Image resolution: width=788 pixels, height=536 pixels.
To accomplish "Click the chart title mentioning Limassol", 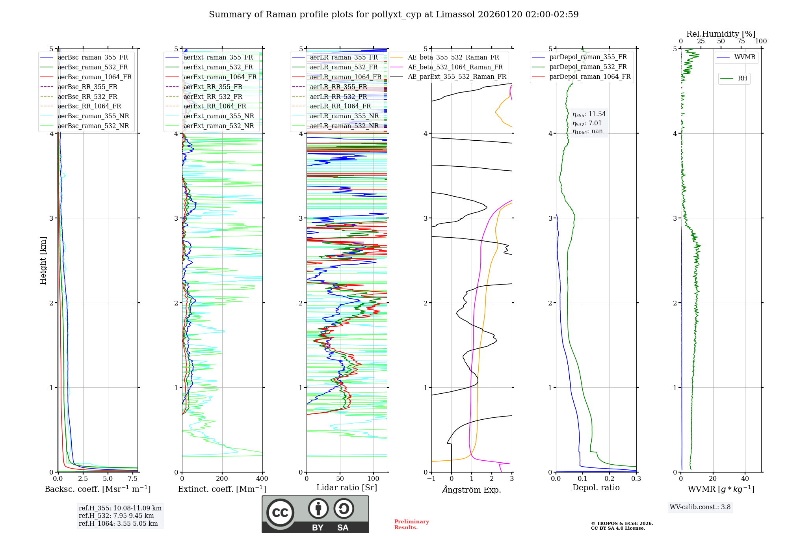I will pyautogui.click(x=394, y=15).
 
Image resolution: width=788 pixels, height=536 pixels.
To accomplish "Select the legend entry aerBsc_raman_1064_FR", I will pyautogui.click(x=95, y=77).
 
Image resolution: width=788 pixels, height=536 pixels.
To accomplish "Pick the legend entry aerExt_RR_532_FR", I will pyautogui.click(x=213, y=97).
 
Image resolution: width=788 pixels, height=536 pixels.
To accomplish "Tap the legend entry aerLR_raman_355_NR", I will pyautogui.click(x=344, y=116).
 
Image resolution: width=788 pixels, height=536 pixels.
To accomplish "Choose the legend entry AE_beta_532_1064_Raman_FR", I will pyautogui.click(x=455, y=67).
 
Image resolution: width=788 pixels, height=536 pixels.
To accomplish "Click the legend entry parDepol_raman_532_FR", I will pyautogui.click(x=588, y=67).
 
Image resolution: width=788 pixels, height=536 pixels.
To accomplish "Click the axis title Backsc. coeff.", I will pyautogui.click(x=97, y=489).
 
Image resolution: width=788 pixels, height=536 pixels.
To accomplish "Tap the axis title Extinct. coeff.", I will pyautogui.click(x=222, y=489).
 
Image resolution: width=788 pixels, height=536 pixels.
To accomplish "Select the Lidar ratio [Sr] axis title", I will pyautogui.click(x=346, y=488).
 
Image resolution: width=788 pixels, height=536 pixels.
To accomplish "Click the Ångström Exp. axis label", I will pyautogui.click(x=471, y=489).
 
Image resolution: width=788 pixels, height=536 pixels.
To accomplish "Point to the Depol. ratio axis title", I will pyautogui.click(x=596, y=488).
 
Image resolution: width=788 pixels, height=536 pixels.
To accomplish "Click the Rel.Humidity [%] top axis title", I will pyautogui.click(x=721, y=34).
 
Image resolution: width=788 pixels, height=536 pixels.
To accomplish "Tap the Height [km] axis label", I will pyautogui.click(x=43, y=261).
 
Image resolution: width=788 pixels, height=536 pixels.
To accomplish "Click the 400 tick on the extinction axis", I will pyautogui.click(x=262, y=478).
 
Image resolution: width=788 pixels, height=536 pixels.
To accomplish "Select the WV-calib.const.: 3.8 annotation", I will pyautogui.click(x=700, y=507).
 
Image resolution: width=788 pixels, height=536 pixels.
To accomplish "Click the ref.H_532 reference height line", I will pyautogui.click(x=116, y=516).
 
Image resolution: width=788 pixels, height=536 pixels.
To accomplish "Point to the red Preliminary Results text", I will pyautogui.click(x=411, y=524).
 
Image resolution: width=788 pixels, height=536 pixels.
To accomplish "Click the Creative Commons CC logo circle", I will pyautogui.click(x=280, y=512).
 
